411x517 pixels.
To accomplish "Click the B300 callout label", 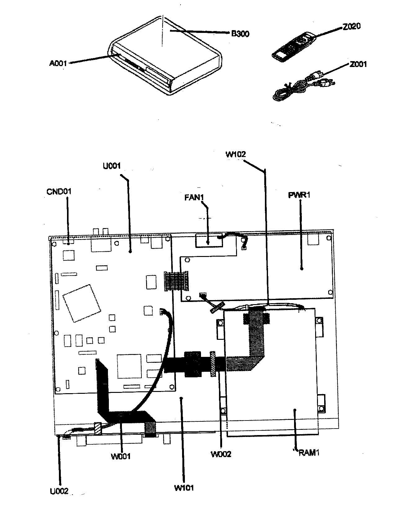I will [240, 34].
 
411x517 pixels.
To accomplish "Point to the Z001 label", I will [358, 64].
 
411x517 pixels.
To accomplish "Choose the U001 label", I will [112, 166].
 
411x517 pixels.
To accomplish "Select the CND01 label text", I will [59, 191].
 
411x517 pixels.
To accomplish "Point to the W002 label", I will [221, 454].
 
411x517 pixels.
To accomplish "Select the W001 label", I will [121, 456].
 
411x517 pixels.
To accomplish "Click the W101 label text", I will [184, 488].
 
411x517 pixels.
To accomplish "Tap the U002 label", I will [59, 491].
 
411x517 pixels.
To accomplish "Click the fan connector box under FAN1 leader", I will [209, 241].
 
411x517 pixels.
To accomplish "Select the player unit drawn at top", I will [164, 56].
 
